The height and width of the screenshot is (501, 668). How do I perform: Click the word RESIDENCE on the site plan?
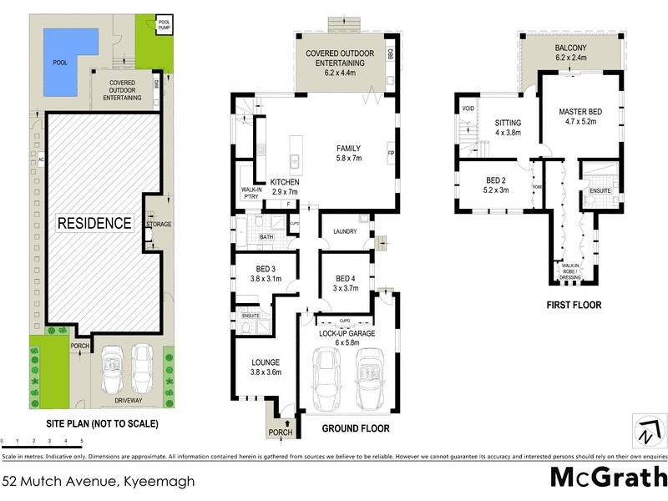tap(94, 223)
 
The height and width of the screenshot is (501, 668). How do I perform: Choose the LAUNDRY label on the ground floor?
tap(345, 231)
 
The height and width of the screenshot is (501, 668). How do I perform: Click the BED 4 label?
tap(347, 283)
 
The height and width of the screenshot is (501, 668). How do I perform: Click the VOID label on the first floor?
tap(468, 108)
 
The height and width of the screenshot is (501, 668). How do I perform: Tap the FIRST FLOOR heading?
tap(574, 305)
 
